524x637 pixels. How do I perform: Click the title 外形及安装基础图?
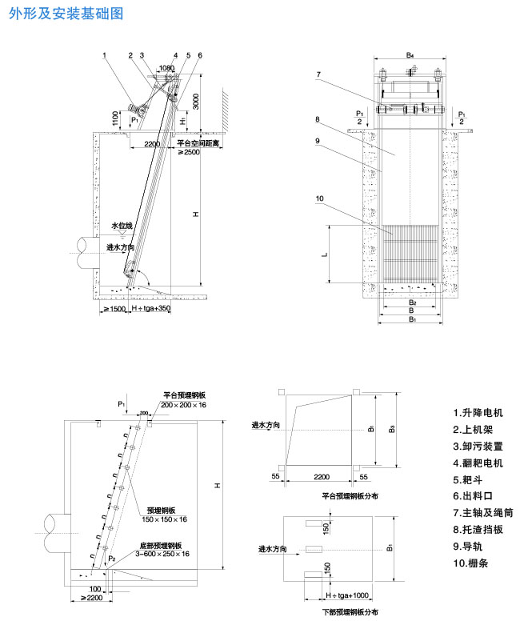click(66, 14)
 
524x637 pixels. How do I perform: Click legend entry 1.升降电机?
click(478, 413)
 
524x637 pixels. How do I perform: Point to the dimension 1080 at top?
click(166, 69)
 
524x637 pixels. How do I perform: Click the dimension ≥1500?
click(113, 308)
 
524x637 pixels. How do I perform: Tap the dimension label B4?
click(410, 55)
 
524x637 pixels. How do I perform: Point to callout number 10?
click(319, 198)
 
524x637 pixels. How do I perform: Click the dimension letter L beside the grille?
click(324, 254)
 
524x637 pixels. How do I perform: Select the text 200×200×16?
click(183, 406)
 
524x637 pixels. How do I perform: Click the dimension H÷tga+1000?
click(347, 595)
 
